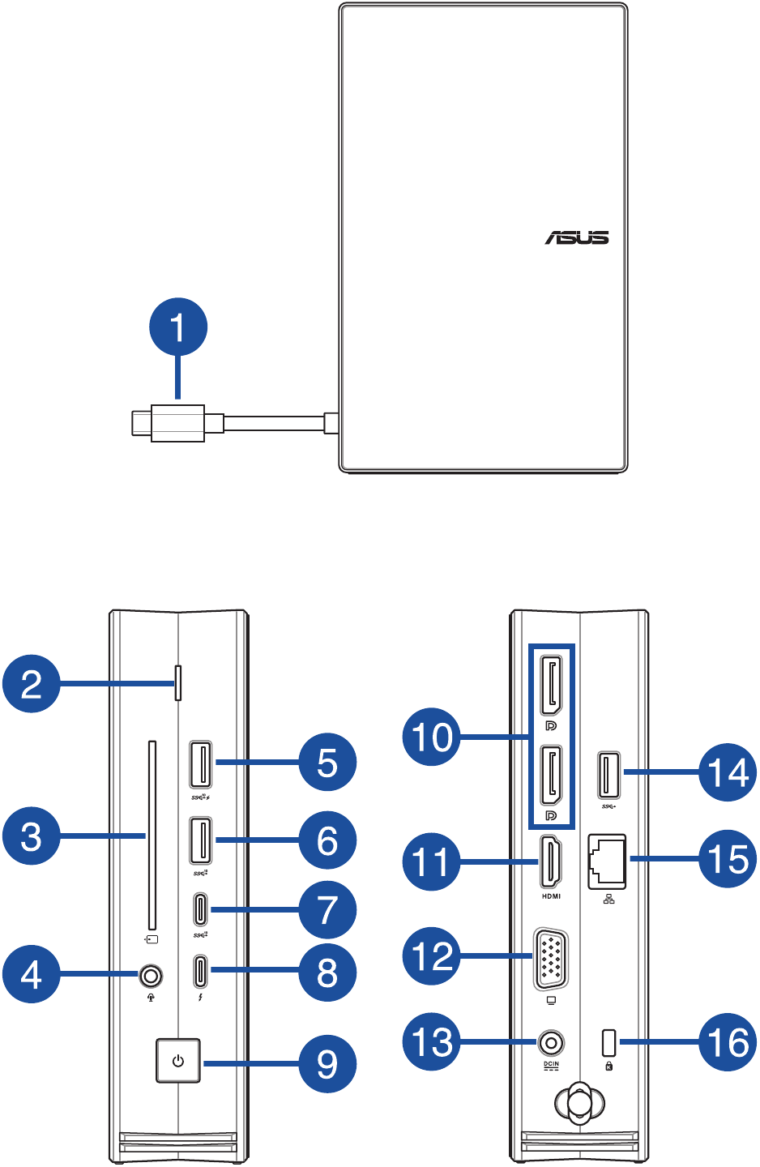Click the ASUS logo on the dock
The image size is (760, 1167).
coord(576,237)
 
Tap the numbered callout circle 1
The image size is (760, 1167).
coord(178,327)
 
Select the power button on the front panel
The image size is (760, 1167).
coord(177,1061)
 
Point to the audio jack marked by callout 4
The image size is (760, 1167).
coord(150,976)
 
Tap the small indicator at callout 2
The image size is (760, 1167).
coord(179,682)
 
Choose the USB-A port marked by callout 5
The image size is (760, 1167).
coord(200,763)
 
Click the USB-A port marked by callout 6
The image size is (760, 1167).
coord(200,841)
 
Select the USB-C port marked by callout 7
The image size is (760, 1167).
coord(200,909)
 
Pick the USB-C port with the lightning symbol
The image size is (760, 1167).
coord(200,970)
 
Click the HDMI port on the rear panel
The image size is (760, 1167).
coord(551,862)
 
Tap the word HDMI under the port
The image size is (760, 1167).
coord(551,896)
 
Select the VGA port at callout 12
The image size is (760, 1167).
coord(550,958)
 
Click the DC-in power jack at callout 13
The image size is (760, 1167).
coord(551,1042)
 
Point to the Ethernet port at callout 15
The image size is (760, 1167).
coord(607,861)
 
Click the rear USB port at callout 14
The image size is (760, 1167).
coord(609,776)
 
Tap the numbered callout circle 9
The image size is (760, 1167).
coord(327,1064)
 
